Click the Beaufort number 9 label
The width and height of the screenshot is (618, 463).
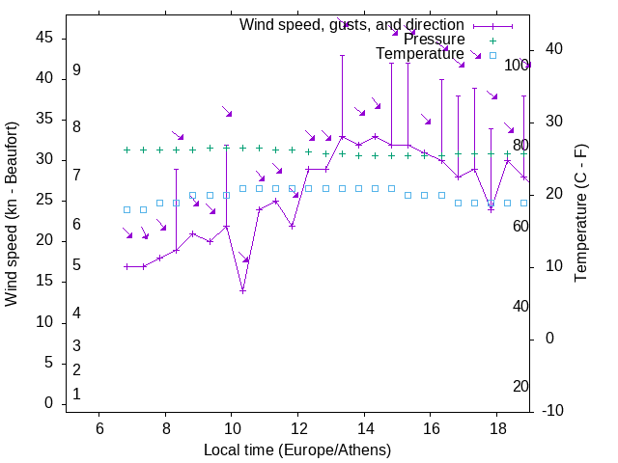(x=76, y=70)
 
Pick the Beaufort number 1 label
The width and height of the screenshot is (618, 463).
(x=76, y=394)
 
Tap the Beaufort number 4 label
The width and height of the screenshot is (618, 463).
(x=76, y=313)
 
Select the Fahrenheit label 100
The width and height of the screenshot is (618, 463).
(x=518, y=65)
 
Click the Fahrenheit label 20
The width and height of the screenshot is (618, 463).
(x=520, y=386)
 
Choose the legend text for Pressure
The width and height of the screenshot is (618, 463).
(x=435, y=40)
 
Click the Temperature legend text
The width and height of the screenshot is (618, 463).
(x=420, y=54)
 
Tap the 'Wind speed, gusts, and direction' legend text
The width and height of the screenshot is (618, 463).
(x=351, y=24)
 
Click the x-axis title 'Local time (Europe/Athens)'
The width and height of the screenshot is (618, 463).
(x=297, y=449)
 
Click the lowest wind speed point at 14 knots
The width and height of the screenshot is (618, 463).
(x=243, y=290)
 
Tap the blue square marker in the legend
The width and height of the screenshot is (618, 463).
(x=492, y=55)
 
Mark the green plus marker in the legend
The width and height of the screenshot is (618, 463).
(x=492, y=41)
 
